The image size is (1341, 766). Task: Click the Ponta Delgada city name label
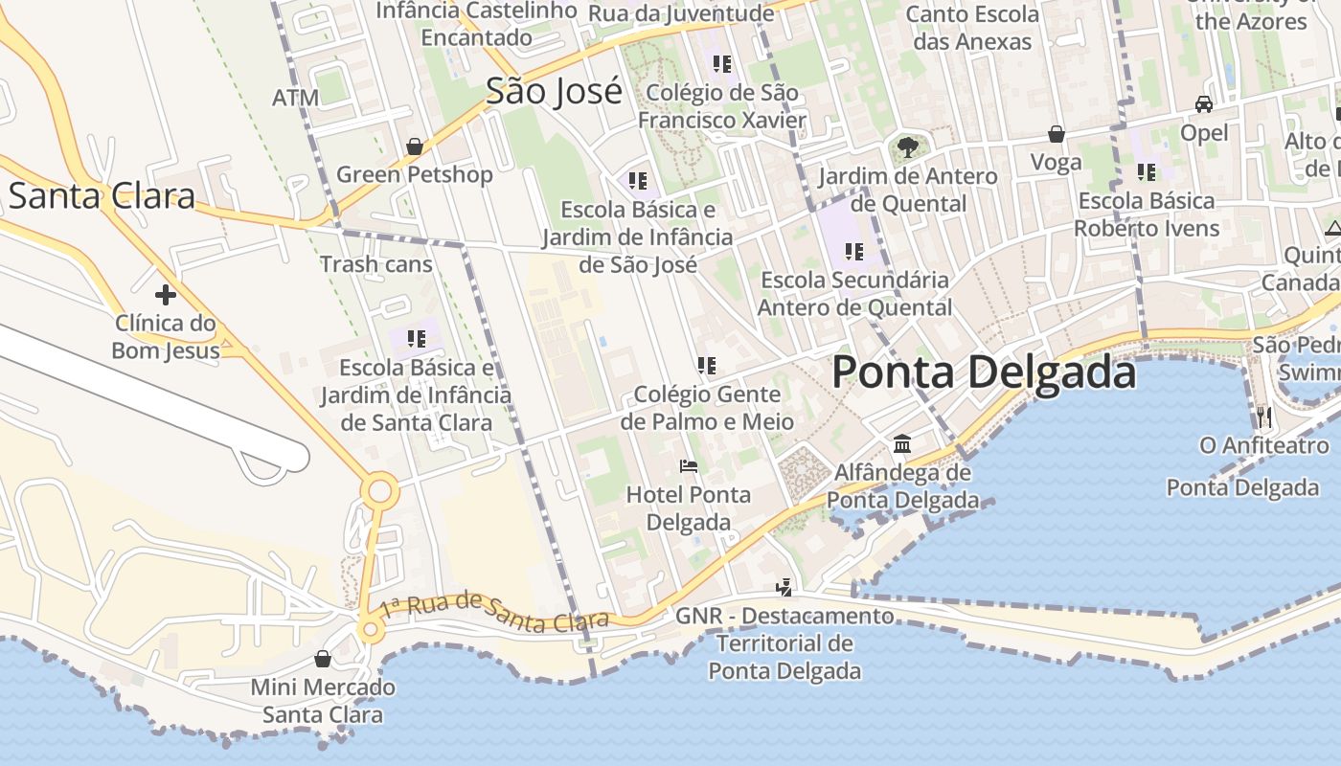click(984, 372)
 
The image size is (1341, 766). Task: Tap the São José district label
click(554, 91)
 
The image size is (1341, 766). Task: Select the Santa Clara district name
click(102, 195)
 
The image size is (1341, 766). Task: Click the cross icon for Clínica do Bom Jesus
click(166, 294)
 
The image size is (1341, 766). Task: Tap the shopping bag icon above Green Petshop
click(415, 146)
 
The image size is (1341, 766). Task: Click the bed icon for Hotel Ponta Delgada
click(688, 466)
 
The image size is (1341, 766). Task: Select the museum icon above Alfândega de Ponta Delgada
click(902, 444)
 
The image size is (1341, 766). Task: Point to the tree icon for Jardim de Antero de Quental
click(907, 147)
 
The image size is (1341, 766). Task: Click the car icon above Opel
click(1204, 104)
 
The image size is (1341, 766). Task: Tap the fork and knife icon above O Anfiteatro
click(1264, 417)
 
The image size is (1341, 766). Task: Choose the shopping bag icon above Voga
click(1057, 134)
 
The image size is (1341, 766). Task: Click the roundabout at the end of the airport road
click(379, 492)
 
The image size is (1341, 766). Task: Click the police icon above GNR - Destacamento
click(784, 587)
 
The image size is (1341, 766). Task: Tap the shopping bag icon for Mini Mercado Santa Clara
click(323, 659)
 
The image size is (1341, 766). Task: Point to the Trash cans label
click(375, 264)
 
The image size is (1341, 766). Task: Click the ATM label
click(295, 98)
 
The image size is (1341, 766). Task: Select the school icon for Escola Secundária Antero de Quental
click(853, 252)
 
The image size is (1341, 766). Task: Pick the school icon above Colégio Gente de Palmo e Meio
click(707, 365)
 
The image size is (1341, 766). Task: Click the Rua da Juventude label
click(680, 13)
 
